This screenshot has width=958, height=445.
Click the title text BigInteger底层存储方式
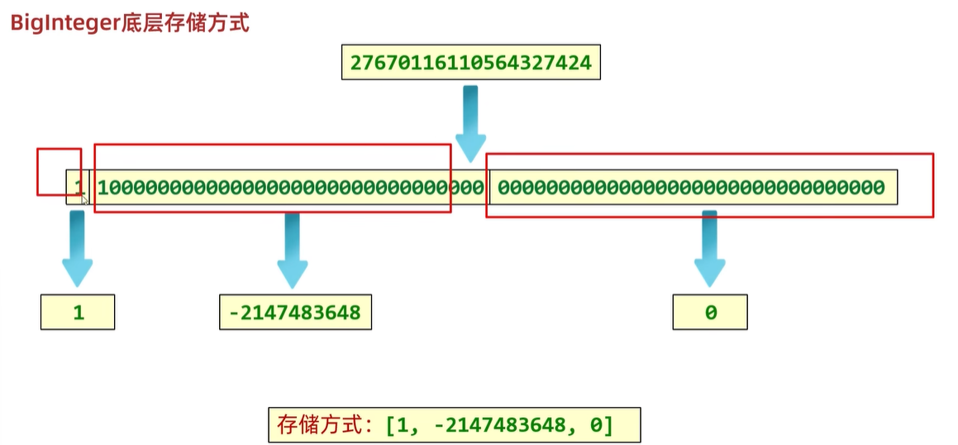pos(129,22)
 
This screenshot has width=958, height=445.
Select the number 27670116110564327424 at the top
pos(470,62)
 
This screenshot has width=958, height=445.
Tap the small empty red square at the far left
pos(59,171)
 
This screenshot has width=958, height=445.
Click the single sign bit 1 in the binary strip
pos(79,188)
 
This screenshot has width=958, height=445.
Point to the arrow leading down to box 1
pos(77,248)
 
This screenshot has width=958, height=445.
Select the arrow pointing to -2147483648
pos(292,248)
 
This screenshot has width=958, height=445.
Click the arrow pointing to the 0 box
pos(708,248)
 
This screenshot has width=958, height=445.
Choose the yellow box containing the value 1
pos(78,313)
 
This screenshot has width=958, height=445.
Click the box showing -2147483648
pos(295,313)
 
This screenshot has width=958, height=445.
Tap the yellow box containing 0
pos(710,313)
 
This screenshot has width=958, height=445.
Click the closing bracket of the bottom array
pos(608,425)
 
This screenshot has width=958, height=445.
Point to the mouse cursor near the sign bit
pos(84,199)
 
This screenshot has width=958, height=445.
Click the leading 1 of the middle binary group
pos(102,188)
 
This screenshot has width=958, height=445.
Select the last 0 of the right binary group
pos(879,188)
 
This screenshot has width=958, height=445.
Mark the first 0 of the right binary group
pos(503,188)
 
